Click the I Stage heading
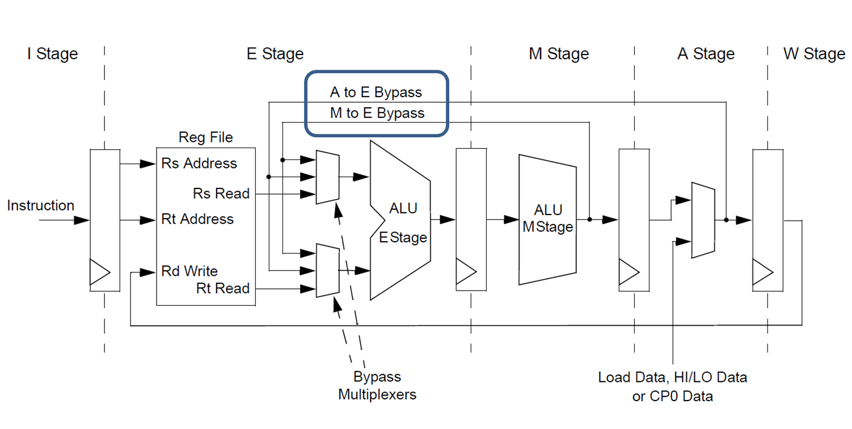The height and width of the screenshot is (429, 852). [52, 54]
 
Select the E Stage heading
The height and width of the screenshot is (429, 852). [275, 54]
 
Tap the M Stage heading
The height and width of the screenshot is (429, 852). [559, 54]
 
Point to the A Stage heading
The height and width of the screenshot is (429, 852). [706, 54]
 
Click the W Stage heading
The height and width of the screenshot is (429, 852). [814, 54]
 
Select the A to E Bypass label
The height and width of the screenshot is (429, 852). [376, 92]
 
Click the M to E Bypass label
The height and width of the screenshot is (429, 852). [377, 113]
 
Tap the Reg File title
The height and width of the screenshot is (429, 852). [205, 137]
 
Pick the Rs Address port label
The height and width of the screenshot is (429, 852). [199, 163]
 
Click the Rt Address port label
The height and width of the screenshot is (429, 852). [197, 219]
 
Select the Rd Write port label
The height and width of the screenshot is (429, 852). [189, 271]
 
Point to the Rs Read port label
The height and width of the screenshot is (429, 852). [221, 194]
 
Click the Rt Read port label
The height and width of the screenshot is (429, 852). [222, 288]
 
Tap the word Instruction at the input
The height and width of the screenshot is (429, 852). [40, 205]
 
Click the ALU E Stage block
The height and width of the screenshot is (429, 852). [400, 221]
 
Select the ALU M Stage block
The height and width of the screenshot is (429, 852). [547, 219]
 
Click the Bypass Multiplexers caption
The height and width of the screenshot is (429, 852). [377, 385]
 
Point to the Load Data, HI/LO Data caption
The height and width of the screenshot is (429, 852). [673, 377]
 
